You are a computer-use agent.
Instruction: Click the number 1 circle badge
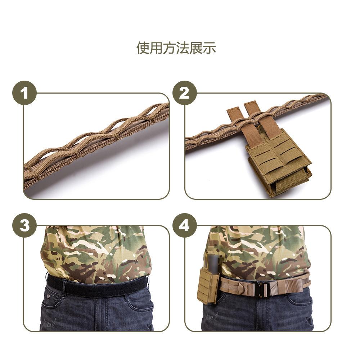(24, 93)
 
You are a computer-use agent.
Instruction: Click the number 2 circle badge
(184, 93)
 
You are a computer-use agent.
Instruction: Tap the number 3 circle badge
(24, 225)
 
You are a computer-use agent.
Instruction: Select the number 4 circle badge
(184, 225)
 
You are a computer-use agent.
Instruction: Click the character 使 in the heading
(143, 48)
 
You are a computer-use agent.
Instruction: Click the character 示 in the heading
(210, 48)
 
